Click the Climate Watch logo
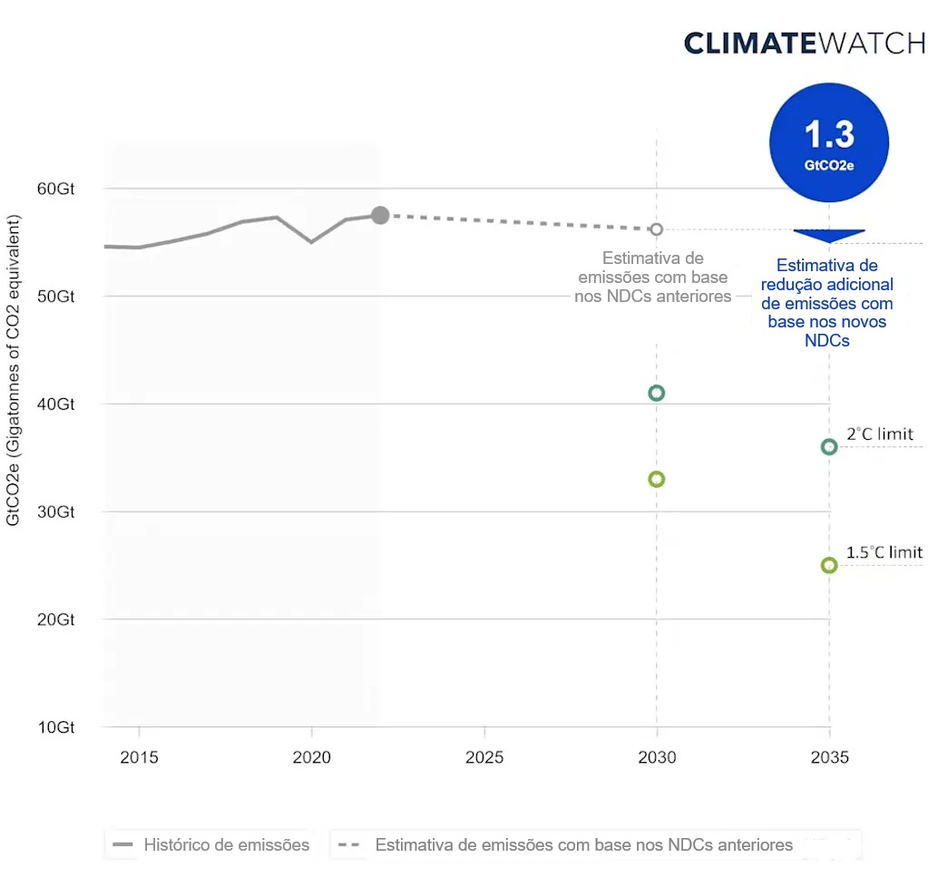click(804, 43)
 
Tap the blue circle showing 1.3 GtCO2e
click(828, 142)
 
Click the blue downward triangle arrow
click(828, 236)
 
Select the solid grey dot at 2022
click(380, 215)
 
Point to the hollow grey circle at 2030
click(657, 229)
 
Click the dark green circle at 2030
click(657, 393)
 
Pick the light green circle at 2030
click(657, 479)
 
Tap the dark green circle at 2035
click(828, 446)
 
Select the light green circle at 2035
click(828, 565)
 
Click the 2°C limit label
click(879, 434)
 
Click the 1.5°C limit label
click(884, 552)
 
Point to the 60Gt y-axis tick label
click(55, 189)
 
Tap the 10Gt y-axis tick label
click(55, 727)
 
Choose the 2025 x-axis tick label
click(484, 756)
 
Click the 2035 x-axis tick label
click(829, 756)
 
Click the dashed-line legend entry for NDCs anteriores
click(567, 845)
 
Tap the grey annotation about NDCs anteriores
click(653, 278)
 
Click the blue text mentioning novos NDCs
click(827, 303)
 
